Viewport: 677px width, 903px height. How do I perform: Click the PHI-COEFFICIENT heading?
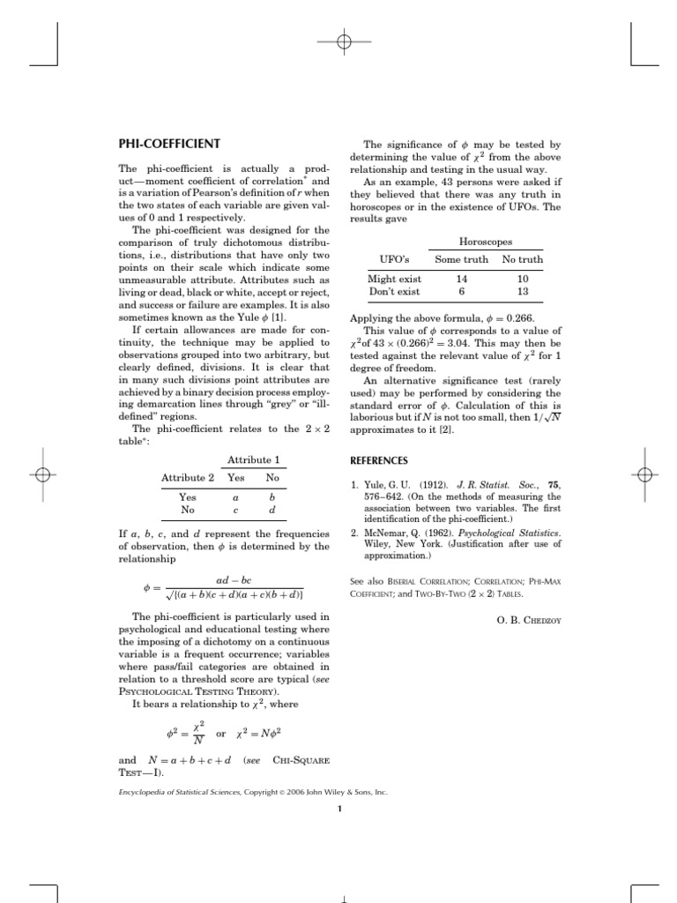(169, 144)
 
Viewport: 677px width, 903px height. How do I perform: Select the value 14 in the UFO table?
(461, 279)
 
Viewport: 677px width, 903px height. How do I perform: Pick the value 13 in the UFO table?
(523, 291)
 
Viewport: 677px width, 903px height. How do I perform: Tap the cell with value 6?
(461, 291)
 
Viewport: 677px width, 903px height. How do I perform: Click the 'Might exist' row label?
(394, 279)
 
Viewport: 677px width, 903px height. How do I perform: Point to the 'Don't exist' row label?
(394, 291)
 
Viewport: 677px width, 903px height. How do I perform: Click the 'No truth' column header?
(522, 259)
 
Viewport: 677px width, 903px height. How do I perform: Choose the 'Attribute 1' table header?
(253, 460)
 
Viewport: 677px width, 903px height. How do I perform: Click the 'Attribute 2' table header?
(188, 478)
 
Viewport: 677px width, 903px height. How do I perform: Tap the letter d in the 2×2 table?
(272, 510)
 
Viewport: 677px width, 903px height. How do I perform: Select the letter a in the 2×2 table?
(234, 497)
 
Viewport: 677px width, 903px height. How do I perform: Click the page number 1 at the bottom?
(338, 811)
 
